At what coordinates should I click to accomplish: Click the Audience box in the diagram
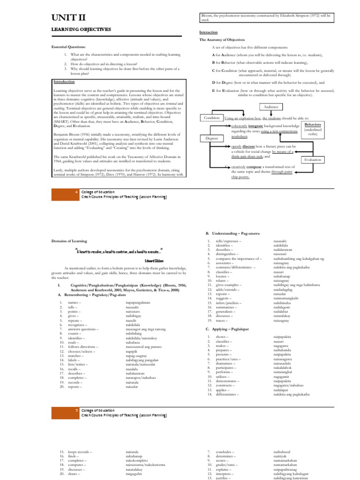271,107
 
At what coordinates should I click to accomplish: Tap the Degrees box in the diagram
211,138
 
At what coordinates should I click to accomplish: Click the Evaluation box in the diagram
313,160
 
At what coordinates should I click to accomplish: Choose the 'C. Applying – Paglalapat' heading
228,329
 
